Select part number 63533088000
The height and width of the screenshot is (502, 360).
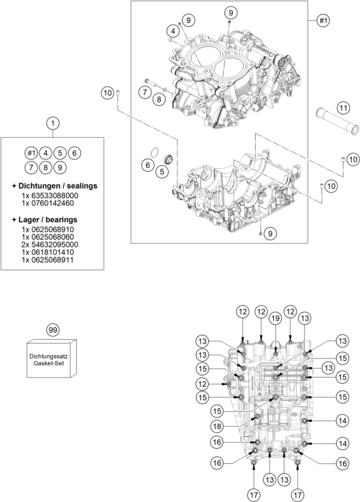point(50,196)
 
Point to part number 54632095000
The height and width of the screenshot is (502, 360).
point(50,244)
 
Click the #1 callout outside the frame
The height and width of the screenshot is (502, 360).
point(323,21)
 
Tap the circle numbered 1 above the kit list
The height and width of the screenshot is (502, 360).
point(53,122)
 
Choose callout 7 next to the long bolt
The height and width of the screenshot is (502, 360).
point(144,93)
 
